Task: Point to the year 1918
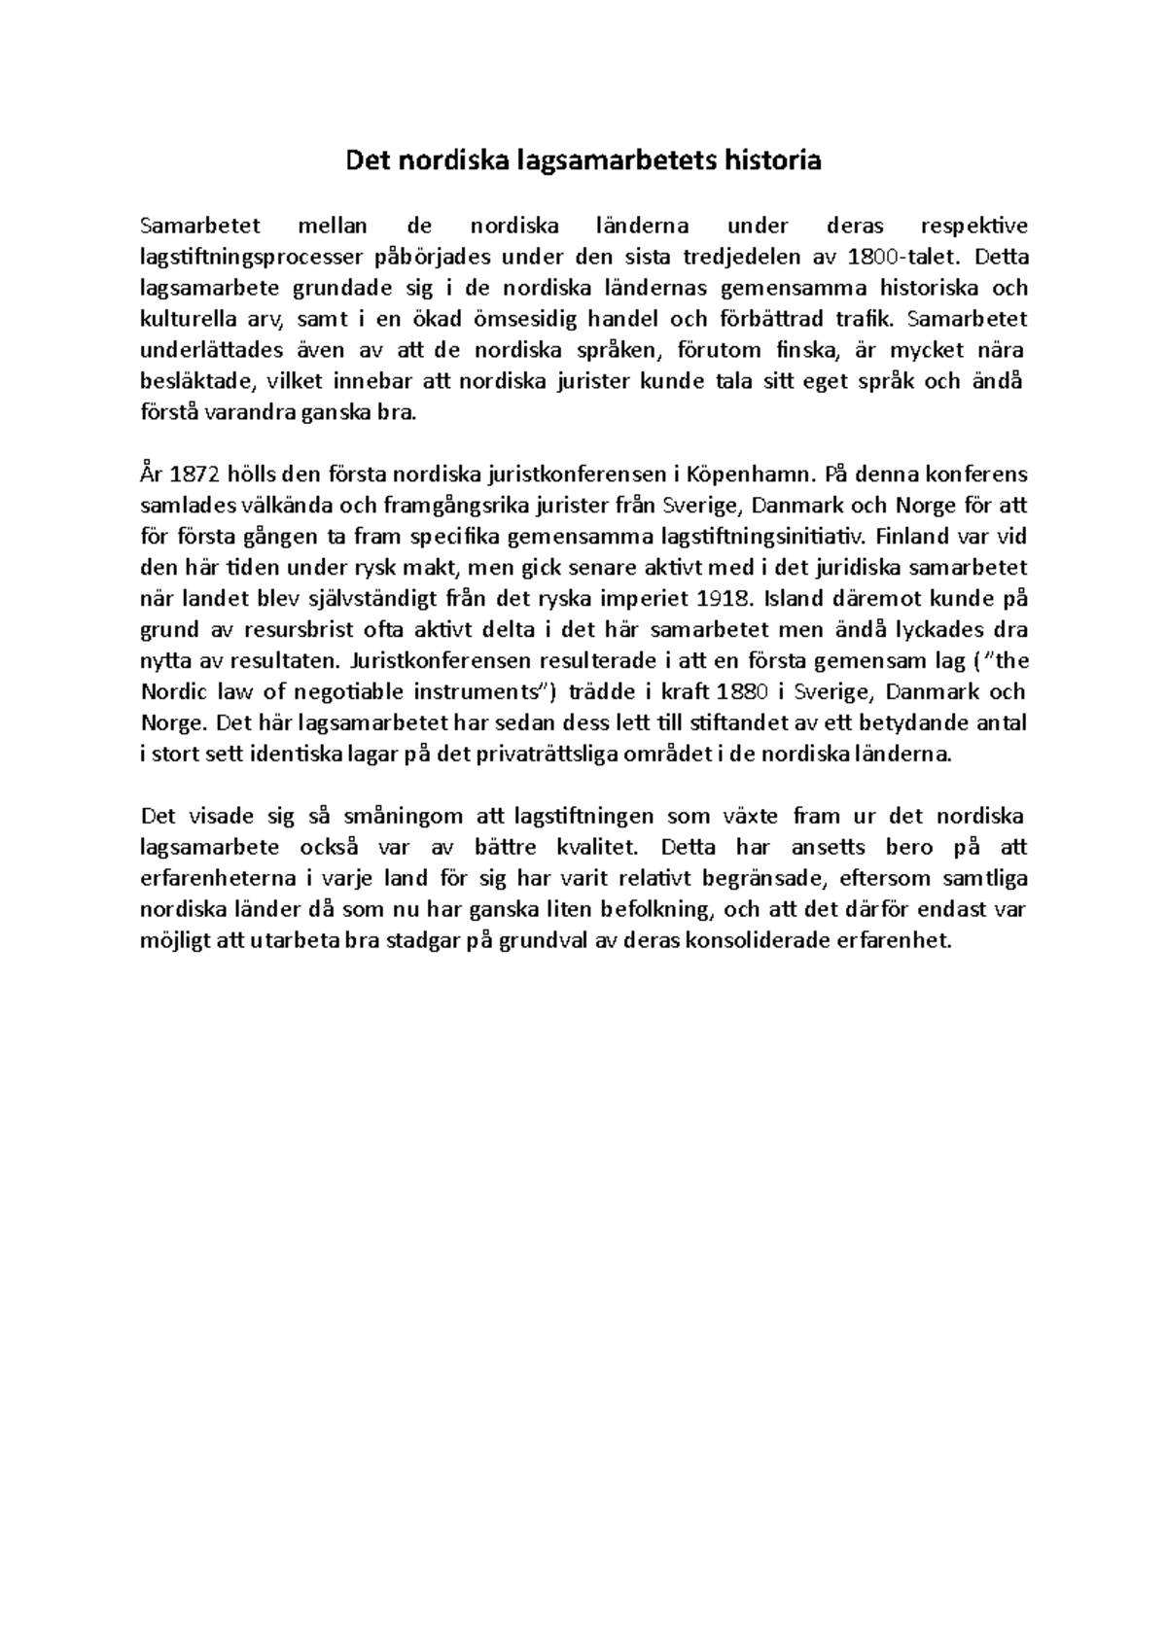(727, 598)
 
